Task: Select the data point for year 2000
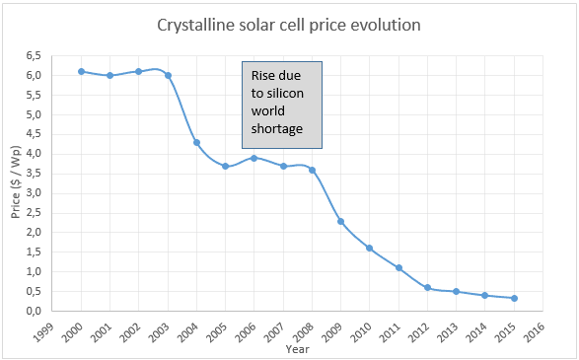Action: click(x=81, y=71)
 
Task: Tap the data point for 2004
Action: click(x=196, y=142)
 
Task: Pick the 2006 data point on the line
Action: click(x=253, y=158)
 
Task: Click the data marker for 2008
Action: click(x=312, y=170)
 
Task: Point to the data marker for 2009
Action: click(x=340, y=221)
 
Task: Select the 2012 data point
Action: click(x=427, y=287)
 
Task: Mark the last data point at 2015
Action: click(x=514, y=298)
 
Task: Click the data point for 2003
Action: click(x=168, y=75)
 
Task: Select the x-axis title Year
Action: click(x=297, y=348)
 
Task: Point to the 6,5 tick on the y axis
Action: click(x=35, y=55)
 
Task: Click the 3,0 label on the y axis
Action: click(x=35, y=192)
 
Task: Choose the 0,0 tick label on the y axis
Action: click(x=35, y=311)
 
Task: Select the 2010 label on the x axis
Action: click(x=364, y=330)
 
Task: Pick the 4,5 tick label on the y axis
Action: click(x=35, y=134)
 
